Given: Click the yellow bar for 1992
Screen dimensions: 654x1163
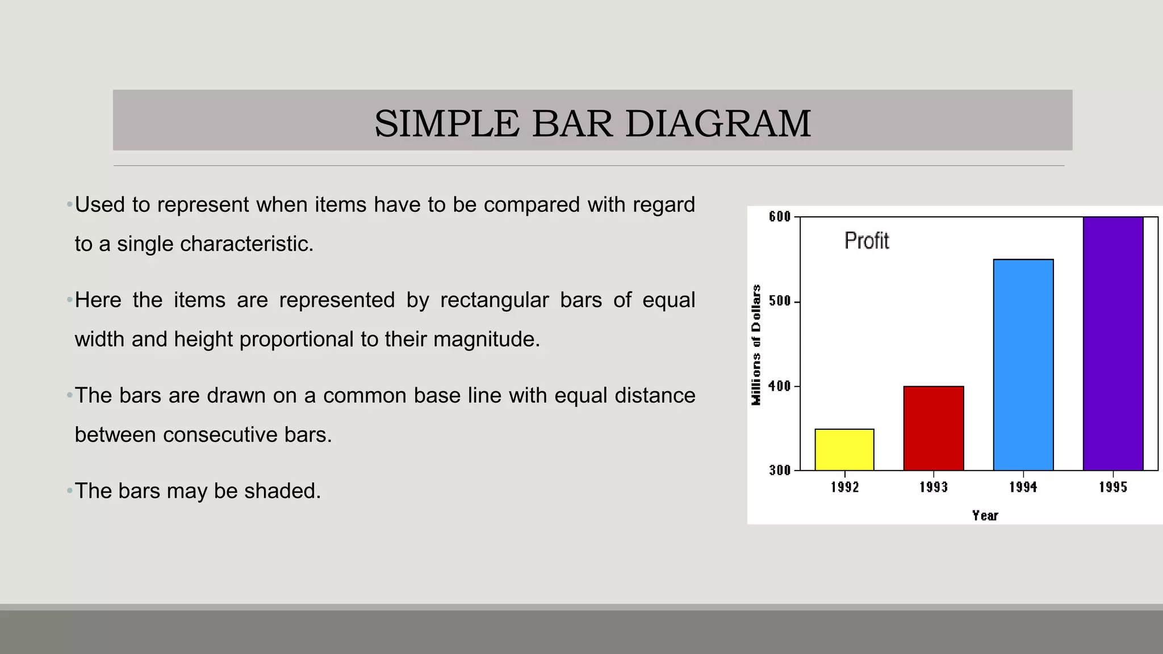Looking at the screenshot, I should pyautogui.click(x=844, y=450).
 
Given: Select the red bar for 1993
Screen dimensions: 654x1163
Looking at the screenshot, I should pyautogui.click(x=934, y=428).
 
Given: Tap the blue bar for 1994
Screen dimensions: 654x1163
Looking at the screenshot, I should pyautogui.click(x=1023, y=364).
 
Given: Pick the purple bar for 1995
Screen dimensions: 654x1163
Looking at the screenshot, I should pyautogui.click(x=1113, y=343).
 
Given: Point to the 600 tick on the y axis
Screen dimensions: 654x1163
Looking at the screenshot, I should pyautogui.click(x=780, y=217).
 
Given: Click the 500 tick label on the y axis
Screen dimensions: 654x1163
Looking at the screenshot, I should pyautogui.click(x=780, y=301).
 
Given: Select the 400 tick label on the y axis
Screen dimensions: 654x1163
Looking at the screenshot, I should pyautogui.click(x=780, y=386).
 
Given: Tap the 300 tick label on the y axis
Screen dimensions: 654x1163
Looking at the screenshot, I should pyautogui.click(x=780, y=470).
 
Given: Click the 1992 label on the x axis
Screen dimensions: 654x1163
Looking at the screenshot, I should pyautogui.click(x=844, y=487).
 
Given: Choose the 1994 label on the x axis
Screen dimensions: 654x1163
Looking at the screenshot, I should pyautogui.click(x=1023, y=487).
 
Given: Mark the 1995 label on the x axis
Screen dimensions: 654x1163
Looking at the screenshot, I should pyautogui.click(x=1113, y=487).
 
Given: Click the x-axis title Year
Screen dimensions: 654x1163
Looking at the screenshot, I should pyautogui.click(x=985, y=515).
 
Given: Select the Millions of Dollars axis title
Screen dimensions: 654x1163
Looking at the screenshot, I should pyautogui.click(x=756, y=345).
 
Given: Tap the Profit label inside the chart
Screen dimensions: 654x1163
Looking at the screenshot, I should pyautogui.click(x=866, y=241).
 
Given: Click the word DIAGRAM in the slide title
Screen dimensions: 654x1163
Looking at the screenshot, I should pyautogui.click(x=718, y=124).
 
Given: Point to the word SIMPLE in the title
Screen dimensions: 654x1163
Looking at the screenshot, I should pyautogui.click(x=446, y=124).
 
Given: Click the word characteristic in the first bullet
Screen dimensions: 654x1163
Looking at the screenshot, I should pyautogui.click(x=246, y=244).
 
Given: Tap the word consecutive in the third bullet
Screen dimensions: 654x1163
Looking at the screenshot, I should pyautogui.click(x=220, y=435).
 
